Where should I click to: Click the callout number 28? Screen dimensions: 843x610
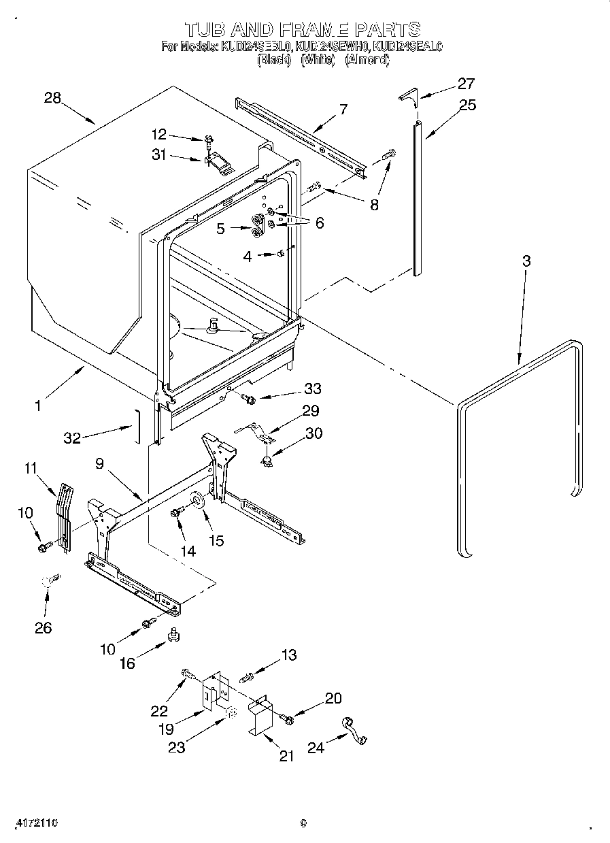(52, 98)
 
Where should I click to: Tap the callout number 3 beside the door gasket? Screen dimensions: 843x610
(526, 261)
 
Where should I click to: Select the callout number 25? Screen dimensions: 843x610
(467, 105)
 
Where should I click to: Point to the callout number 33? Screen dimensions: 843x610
(314, 389)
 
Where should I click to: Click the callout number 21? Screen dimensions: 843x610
(286, 756)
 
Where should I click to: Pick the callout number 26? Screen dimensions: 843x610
(43, 627)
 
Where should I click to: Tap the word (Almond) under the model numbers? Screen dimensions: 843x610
(367, 60)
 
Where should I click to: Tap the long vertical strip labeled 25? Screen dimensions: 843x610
(418, 197)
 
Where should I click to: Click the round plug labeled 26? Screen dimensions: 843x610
(50, 580)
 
